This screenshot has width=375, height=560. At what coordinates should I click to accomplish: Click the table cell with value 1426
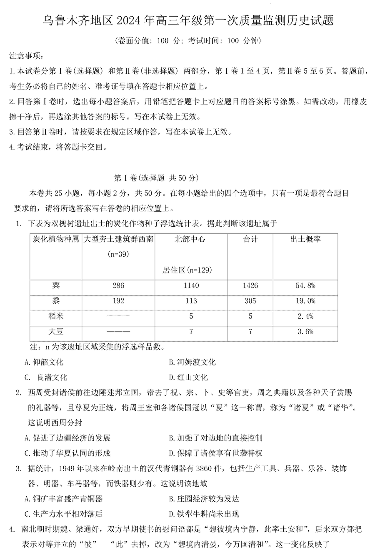[250, 285]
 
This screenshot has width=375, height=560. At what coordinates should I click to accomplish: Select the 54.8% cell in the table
[306, 285]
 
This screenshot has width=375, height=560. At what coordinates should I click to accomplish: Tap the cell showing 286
[118, 285]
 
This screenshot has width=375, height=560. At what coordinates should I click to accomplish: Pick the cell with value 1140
[191, 285]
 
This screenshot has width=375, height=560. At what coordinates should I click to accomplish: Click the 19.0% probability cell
[306, 301]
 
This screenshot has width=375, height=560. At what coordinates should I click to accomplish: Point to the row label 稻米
[56, 316]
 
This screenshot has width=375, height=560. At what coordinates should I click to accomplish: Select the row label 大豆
[56, 332]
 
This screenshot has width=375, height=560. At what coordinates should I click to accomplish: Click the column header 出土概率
[305, 239]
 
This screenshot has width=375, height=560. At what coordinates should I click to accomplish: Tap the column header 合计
[250, 239]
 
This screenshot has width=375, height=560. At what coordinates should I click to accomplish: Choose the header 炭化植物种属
[56, 239]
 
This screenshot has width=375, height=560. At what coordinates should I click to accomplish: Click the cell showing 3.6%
[306, 332]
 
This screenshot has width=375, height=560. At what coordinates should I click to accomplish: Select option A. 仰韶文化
[44, 362]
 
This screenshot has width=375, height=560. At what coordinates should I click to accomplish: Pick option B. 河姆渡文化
[192, 362]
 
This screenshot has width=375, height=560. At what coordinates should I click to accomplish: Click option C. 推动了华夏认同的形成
[67, 453]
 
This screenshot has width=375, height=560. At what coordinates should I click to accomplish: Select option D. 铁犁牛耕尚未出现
[204, 514]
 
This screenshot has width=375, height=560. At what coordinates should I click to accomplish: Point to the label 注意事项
[25, 56]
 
